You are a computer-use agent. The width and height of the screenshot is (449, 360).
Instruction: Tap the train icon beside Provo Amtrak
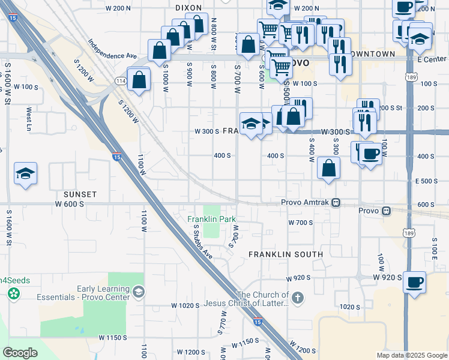click(337, 202)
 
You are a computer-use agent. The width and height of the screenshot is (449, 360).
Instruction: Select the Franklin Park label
click(211, 219)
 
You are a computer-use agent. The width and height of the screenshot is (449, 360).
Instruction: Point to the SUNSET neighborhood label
click(80, 194)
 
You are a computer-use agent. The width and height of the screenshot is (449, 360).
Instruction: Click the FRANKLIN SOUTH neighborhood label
click(286, 254)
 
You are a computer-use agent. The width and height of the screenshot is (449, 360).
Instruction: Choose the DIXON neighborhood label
click(189, 8)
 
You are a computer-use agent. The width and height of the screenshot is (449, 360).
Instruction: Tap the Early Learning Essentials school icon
click(139, 292)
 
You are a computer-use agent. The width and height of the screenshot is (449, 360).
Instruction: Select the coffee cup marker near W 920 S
click(414, 282)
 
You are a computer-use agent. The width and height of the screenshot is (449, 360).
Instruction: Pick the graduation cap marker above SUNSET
click(25, 174)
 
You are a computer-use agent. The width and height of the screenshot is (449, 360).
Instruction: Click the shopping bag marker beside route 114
click(139, 79)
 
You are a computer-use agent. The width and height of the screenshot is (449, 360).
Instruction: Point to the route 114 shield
click(120, 81)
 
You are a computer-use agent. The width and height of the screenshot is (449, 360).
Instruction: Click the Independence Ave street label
click(113, 49)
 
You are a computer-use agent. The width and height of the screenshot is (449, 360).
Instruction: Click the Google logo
click(20, 352)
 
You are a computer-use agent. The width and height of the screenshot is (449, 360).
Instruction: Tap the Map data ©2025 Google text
click(412, 355)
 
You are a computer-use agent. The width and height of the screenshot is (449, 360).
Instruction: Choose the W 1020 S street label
click(184, 305)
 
